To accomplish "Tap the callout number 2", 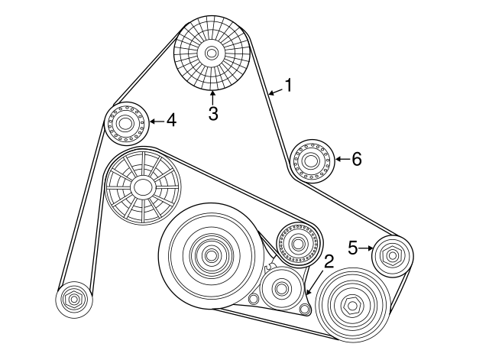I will (x=329, y=261).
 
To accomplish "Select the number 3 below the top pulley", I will (x=213, y=114).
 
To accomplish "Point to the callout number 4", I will (x=171, y=120).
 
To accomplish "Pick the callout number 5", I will (x=353, y=247).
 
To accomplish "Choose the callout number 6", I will (x=356, y=159).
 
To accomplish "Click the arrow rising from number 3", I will (x=213, y=97).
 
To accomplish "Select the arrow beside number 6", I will (x=340, y=159).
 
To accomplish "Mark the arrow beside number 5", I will (x=366, y=247).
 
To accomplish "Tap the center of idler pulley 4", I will (x=125, y=122).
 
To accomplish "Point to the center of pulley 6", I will (x=311, y=161).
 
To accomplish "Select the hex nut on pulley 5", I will (x=392, y=255).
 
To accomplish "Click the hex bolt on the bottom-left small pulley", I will (x=73, y=300).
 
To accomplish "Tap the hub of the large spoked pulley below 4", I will (x=142, y=186).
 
